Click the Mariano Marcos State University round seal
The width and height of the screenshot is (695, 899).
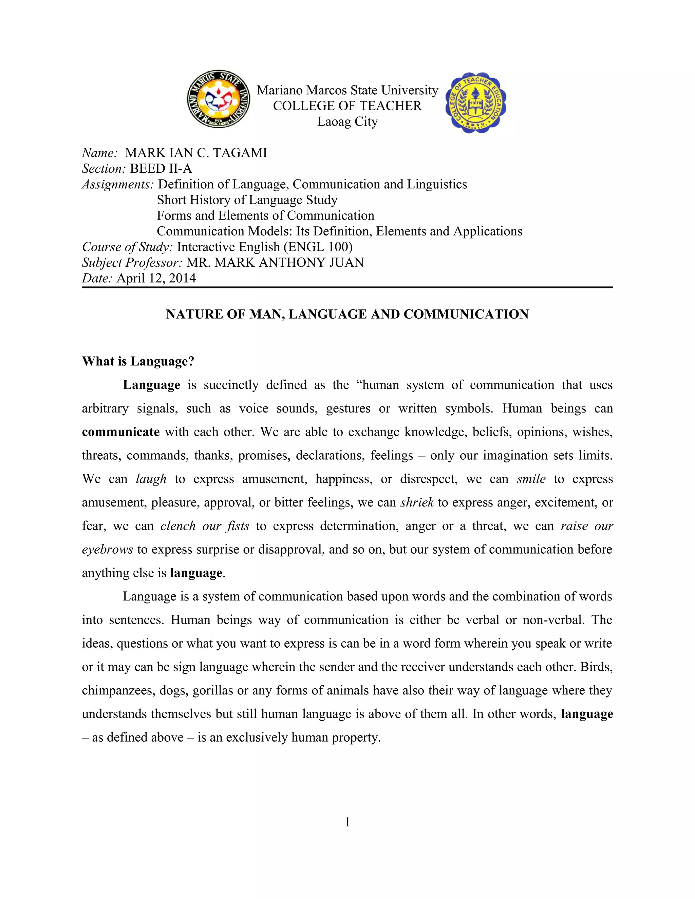pos(218,99)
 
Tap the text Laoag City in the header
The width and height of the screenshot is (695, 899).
pos(347,122)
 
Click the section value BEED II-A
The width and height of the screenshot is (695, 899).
pos(161,169)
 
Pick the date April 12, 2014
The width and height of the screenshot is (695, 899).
pos(156,278)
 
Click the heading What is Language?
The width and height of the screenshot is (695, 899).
pos(138,361)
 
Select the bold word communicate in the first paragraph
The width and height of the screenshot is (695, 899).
pos(120,432)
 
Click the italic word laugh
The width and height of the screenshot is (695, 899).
pos(151,479)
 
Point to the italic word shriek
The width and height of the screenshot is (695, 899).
pos(417,503)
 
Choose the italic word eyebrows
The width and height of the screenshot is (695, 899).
pos(107,550)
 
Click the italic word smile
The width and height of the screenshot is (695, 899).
pos(531,479)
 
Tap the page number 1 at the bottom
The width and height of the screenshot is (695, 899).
pos(347,822)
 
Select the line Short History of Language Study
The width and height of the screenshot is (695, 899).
pos(247,200)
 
